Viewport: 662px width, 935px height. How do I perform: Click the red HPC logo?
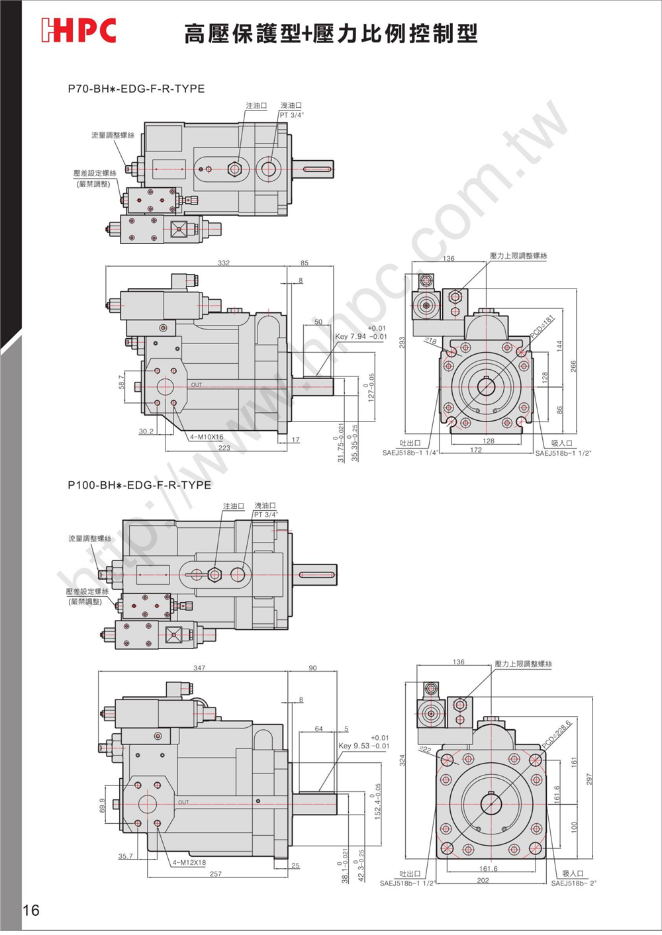pyautogui.click(x=79, y=30)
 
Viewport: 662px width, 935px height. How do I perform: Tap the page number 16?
pyautogui.click(x=31, y=910)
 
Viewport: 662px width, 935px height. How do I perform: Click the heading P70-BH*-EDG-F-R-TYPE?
pyautogui.click(x=136, y=89)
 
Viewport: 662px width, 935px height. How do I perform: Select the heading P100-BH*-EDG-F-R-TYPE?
pyautogui.click(x=140, y=485)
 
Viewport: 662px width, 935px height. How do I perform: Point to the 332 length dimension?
pyautogui.click(x=224, y=263)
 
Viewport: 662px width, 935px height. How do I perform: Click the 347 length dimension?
pyautogui.click(x=199, y=668)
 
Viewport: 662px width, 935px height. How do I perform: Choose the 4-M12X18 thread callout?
pyautogui.click(x=189, y=863)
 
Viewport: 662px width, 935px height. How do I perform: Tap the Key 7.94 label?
pyautogui.click(x=350, y=337)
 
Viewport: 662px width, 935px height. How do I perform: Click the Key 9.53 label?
pyautogui.click(x=354, y=746)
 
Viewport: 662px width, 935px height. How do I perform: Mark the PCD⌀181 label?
pyautogui.click(x=542, y=328)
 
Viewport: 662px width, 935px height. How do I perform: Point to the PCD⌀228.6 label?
pyautogui.click(x=556, y=735)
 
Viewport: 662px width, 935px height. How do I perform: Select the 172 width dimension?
pyautogui.click(x=476, y=450)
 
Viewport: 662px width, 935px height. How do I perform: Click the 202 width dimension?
pyautogui.click(x=483, y=880)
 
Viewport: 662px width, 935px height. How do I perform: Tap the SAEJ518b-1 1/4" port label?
pyautogui.click(x=410, y=453)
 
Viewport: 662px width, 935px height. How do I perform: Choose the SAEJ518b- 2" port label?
pyautogui.click(x=573, y=883)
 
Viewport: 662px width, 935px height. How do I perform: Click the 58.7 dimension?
pyautogui.click(x=122, y=382)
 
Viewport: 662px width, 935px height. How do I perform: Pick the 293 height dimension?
pyautogui.click(x=402, y=342)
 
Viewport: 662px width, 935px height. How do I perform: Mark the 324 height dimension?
pyautogui.click(x=402, y=760)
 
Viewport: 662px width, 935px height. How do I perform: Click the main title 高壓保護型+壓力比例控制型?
pyautogui.click(x=331, y=33)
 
